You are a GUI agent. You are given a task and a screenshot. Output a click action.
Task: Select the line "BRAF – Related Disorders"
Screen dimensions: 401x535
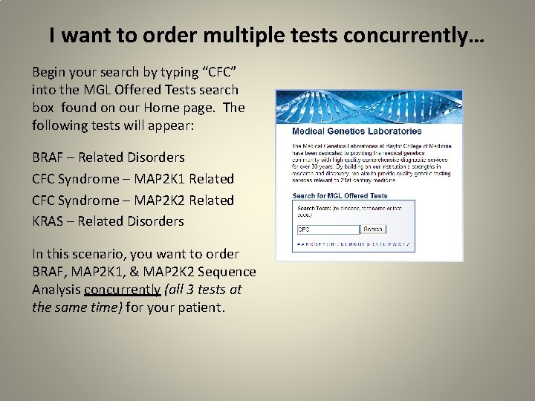point(108,157)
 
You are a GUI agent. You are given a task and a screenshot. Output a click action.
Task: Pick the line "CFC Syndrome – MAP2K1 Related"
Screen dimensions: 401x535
point(133,179)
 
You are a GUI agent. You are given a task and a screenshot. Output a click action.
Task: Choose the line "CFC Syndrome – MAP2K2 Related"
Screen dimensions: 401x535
point(133,200)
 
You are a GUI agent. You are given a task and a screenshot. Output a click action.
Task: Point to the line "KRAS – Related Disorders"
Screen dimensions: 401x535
point(108,221)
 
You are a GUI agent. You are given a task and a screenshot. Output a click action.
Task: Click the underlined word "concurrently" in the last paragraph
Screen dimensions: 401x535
point(123,289)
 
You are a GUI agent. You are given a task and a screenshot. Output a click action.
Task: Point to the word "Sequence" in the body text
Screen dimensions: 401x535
point(227,272)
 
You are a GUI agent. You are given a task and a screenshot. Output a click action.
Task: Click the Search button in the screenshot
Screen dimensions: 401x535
point(373,229)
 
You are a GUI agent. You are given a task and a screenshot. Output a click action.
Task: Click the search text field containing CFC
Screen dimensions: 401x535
point(328,229)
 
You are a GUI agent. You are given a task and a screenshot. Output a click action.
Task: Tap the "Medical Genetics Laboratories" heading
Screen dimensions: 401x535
point(357,131)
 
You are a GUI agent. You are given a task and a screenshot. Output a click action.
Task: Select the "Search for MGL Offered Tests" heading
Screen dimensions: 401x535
point(340,196)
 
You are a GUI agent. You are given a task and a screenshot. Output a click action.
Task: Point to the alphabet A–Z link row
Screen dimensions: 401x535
point(353,244)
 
